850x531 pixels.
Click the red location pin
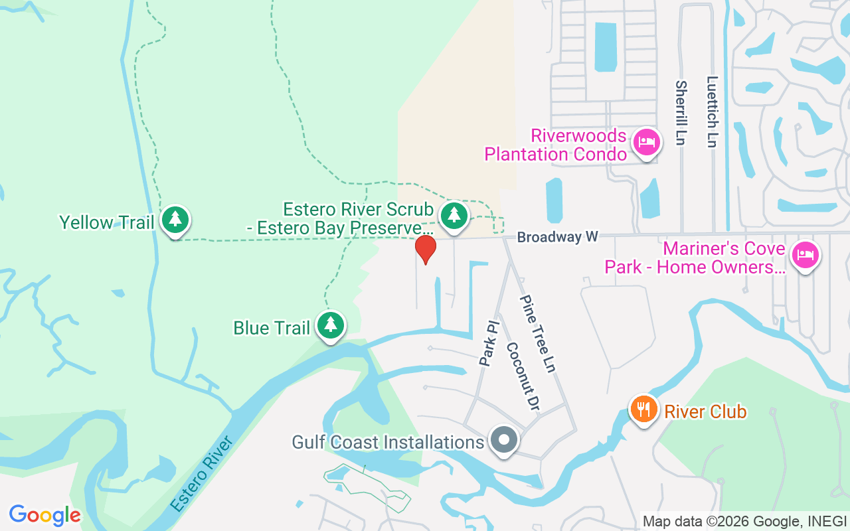426,250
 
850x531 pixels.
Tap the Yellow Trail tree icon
175,219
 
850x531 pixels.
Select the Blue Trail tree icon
331,325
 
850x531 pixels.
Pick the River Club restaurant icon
643,410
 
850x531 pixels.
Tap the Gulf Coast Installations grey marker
504,440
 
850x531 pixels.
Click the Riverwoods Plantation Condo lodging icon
645,142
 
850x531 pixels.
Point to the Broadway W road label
558,237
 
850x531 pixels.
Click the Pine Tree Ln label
537,334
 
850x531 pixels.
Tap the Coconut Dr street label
521,377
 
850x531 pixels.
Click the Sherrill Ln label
681,113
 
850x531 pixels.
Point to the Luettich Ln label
713,111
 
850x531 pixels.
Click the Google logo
45,515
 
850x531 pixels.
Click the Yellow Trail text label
107,222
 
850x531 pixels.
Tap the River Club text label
705,412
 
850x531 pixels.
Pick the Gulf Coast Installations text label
388,442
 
